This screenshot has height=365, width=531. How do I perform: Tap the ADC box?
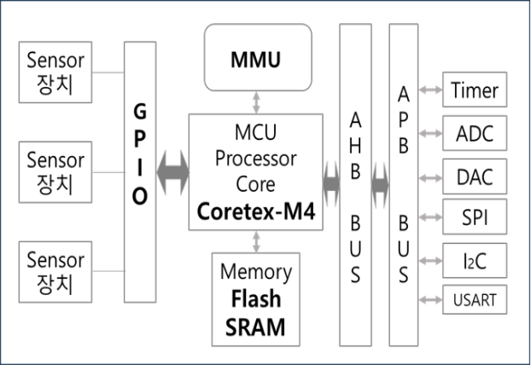[475, 134]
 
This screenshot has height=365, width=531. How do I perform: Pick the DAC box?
[475, 177]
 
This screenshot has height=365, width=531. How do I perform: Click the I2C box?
[475, 258]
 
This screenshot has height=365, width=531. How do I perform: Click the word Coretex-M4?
[256, 210]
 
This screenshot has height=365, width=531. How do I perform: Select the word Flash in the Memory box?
[256, 300]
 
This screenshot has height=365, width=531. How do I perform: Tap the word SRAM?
[256, 326]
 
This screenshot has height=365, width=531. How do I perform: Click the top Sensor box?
[55, 71]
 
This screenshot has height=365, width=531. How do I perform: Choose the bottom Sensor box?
[55, 269]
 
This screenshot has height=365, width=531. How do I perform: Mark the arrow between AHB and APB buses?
[380, 182]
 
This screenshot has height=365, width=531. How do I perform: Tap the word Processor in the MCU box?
[256, 159]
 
